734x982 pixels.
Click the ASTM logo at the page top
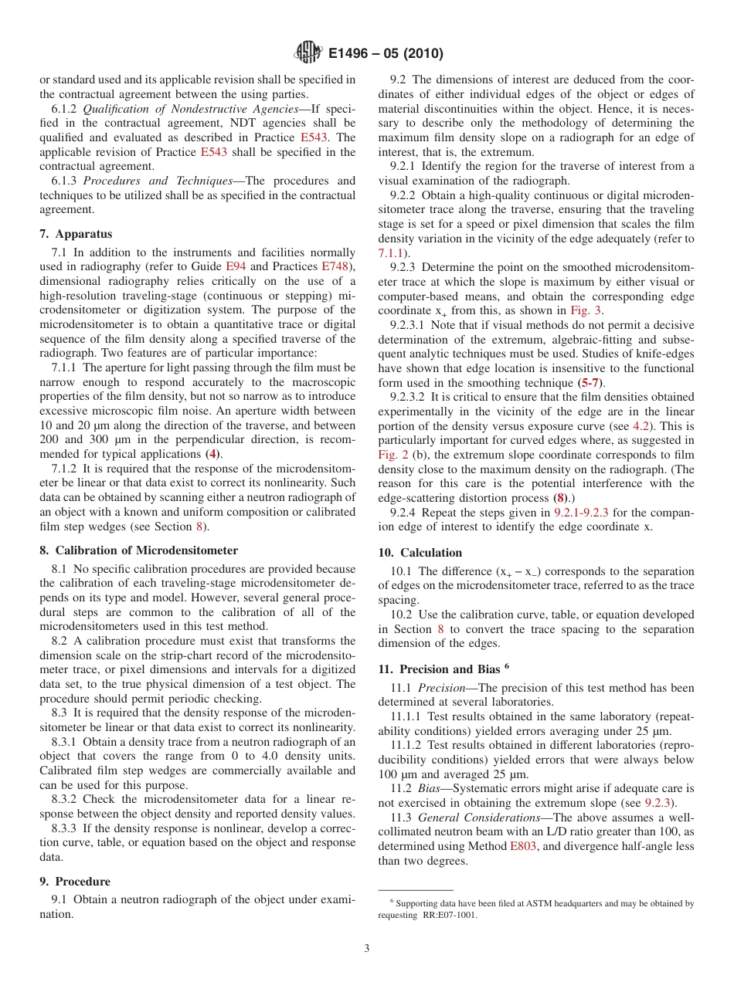pos(308,53)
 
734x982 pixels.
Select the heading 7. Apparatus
pos(76,233)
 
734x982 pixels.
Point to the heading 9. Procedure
pos(75,881)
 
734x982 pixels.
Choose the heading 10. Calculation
pos(420,552)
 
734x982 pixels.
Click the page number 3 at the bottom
pos(367,948)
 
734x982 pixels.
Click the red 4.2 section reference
pos(642,426)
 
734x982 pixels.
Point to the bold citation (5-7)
pos(592,383)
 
